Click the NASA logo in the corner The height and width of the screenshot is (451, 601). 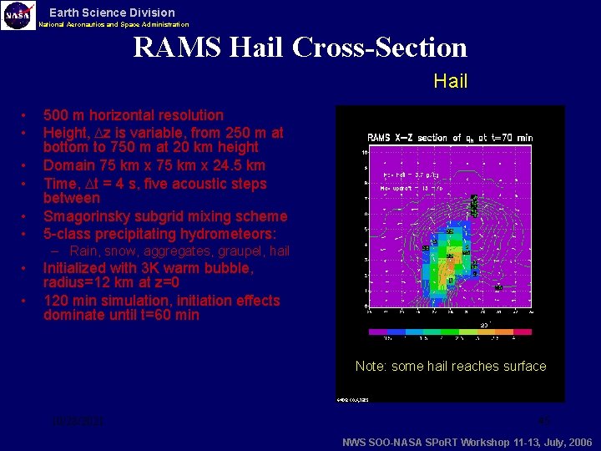pos(18,16)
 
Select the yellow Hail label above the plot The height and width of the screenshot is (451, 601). pos(450,82)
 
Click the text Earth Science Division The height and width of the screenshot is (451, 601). pos(112,13)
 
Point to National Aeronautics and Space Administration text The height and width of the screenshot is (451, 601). pos(114,25)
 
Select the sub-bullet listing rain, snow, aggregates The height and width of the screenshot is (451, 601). pos(179,251)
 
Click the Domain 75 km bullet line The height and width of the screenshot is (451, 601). pos(154,165)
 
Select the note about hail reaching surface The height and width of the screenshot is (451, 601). pos(450,366)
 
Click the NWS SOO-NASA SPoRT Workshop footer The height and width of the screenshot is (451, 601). pos(467,442)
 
